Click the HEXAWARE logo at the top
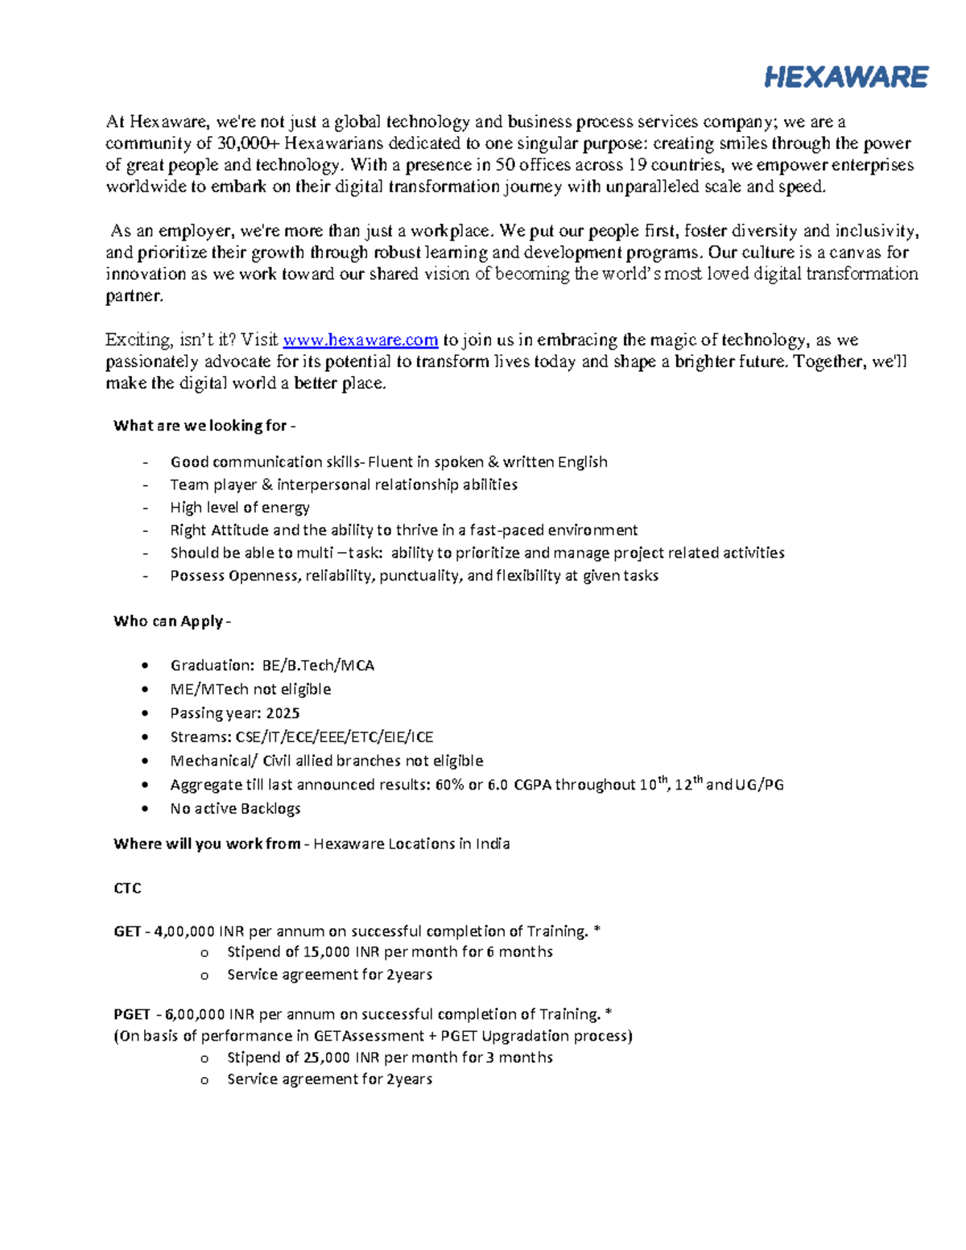[846, 77]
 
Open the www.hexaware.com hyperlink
[361, 340]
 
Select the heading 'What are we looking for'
[204, 426]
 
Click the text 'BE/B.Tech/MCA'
[318, 666]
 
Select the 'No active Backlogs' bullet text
[235, 808]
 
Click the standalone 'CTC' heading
[127, 888]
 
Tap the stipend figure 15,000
[326, 952]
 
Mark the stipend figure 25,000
[326, 1058]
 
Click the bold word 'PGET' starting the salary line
[132, 1014]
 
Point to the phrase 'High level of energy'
[240, 508]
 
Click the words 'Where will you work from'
[207, 844]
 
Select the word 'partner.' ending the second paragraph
[134, 296]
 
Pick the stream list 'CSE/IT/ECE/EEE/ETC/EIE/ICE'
[334, 737]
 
